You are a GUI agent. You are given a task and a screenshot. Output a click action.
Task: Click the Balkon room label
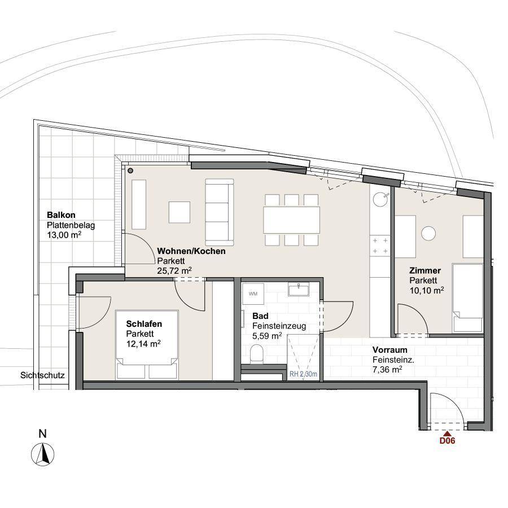coord(61,215)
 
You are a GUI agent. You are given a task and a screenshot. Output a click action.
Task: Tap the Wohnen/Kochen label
coord(191,251)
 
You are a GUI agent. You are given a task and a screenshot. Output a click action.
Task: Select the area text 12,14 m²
coord(143,343)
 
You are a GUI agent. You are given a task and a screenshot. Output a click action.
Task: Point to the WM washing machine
coord(253,294)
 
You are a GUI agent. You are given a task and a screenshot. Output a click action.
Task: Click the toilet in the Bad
coord(257,353)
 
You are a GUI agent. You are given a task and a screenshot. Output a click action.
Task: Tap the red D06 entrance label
coord(447,441)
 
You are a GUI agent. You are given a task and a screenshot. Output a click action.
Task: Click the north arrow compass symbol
coord(43,454)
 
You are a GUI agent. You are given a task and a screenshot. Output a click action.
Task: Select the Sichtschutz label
coord(42,375)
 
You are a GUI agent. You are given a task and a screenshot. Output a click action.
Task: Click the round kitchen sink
coord(380,199)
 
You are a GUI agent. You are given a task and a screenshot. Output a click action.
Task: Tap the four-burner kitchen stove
coord(380,246)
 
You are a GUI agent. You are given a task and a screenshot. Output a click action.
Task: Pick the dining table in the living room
coord(292,220)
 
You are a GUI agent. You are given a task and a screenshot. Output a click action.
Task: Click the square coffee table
coord(179,212)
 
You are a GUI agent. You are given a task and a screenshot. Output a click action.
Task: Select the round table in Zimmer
coord(428,233)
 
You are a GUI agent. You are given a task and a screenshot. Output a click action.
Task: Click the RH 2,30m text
coord(303,374)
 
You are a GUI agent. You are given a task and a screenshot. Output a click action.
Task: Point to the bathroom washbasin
coord(299,290)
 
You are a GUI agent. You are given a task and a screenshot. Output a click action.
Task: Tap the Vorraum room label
coord(389,350)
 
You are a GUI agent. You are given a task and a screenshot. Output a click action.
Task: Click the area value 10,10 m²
coord(427,290)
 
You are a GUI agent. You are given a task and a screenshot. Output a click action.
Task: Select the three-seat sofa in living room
coord(220,212)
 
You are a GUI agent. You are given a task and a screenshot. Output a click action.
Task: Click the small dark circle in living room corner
coord(130,170)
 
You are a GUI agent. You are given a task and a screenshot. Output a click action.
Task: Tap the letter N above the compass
coord(42,433)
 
